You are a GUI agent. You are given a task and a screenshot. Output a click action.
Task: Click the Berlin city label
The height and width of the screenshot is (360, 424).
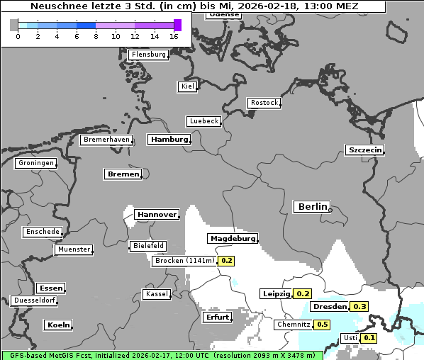(312, 207)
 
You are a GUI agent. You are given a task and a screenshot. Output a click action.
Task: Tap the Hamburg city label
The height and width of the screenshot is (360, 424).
(169, 140)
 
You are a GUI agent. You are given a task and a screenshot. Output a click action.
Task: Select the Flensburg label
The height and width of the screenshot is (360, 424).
(149, 55)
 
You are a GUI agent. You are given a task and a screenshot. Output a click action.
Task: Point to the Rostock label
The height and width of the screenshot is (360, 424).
(264, 103)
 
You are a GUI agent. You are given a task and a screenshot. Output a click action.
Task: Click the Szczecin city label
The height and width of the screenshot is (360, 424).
(364, 150)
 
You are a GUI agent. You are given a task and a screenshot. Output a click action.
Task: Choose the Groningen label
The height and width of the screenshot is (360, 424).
(35, 163)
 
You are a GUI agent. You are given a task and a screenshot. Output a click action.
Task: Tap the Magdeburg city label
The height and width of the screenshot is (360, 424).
(233, 239)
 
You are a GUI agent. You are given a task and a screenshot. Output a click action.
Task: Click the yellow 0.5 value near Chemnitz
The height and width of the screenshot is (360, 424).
(323, 325)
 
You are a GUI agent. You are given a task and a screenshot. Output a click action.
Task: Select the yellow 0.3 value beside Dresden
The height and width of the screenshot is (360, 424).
(359, 307)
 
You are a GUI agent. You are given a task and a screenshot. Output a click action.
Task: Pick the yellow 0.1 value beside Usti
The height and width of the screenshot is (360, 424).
(369, 338)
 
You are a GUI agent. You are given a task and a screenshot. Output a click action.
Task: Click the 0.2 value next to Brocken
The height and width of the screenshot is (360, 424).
(227, 261)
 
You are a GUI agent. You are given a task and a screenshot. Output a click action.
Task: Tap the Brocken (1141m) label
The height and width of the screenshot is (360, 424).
(184, 261)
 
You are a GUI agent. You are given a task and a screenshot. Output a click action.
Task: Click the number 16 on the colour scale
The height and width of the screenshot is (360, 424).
(174, 36)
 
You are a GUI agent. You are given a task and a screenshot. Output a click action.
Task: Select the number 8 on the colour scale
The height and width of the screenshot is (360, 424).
(96, 36)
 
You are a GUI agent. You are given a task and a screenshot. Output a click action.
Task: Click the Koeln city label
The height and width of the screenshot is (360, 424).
(58, 325)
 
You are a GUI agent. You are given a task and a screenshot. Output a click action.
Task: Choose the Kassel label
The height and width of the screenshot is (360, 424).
(156, 294)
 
